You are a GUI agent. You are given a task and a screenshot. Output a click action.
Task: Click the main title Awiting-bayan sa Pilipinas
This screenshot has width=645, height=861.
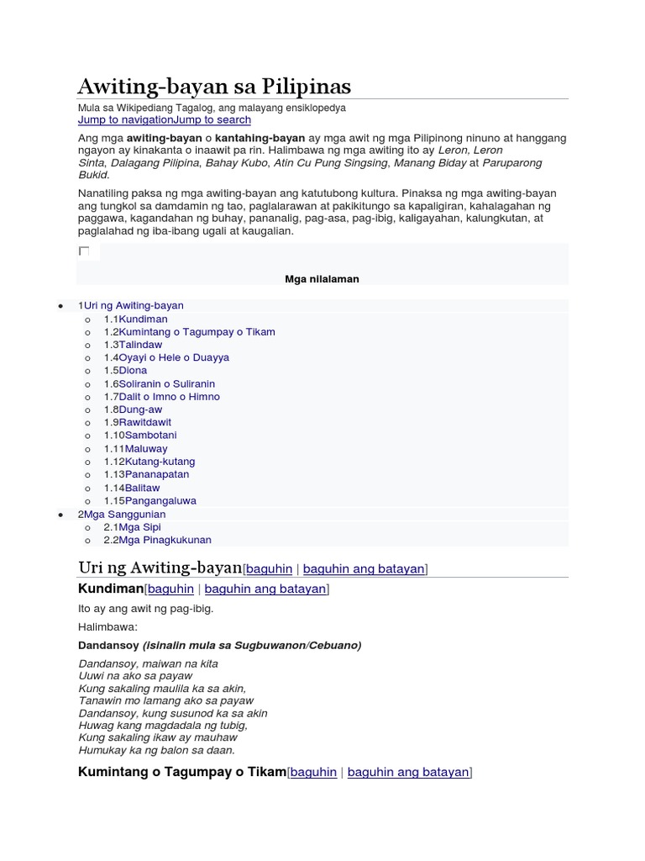(x=214, y=86)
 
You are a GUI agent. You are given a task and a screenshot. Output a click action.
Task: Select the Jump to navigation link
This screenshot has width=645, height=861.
(x=125, y=120)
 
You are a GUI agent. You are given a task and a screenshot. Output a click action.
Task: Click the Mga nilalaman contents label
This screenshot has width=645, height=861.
(x=322, y=279)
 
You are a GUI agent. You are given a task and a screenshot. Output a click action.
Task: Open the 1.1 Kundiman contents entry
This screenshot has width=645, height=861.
(x=143, y=320)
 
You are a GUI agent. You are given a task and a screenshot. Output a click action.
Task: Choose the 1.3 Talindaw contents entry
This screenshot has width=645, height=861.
(x=140, y=345)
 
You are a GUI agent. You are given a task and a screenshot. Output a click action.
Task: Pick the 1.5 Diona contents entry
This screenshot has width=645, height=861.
(x=133, y=370)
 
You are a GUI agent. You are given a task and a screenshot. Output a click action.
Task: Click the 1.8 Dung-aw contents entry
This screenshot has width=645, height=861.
(x=140, y=409)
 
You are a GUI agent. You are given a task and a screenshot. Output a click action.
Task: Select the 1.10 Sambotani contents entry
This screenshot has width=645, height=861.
(x=150, y=436)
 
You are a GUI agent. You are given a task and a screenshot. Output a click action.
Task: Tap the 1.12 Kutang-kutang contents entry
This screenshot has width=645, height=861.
(x=160, y=462)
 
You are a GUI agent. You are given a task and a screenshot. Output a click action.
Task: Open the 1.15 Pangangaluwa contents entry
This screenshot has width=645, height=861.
(x=160, y=500)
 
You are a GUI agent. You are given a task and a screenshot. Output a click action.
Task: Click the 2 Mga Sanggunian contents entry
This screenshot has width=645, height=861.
(x=124, y=514)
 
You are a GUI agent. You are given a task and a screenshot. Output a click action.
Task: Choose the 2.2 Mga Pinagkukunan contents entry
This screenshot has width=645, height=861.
(x=165, y=540)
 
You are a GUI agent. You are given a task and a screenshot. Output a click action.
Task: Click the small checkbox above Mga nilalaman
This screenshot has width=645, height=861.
(x=84, y=251)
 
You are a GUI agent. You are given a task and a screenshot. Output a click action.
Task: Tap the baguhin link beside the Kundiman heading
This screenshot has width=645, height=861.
(x=170, y=589)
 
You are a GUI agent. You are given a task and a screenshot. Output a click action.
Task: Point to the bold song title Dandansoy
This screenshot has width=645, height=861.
(x=108, y=646)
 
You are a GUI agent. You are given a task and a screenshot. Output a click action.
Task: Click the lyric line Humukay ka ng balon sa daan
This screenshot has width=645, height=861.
(x=157, y=750)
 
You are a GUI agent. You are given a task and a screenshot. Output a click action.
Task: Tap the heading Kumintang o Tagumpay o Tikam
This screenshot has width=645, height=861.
(x=181, y=772)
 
